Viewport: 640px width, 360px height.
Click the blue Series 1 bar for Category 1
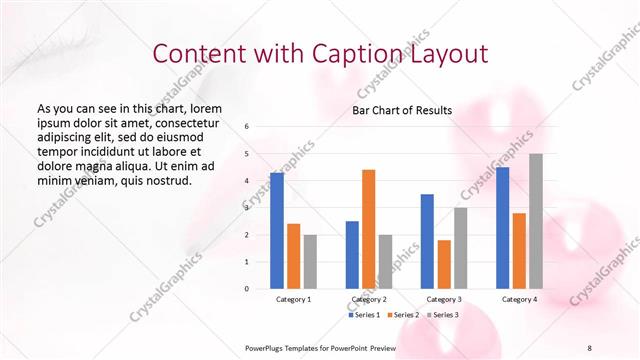point(277,231)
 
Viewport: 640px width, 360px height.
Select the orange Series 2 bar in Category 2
point(369,229)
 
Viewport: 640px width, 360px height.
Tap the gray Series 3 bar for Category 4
point(536,221)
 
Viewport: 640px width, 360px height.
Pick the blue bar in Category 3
point(427,241)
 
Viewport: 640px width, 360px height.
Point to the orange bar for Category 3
point(444,264)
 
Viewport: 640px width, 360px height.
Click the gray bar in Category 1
point(310,261)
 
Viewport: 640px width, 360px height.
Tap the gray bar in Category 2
point(386,261)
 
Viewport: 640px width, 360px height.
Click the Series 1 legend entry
point(366,315)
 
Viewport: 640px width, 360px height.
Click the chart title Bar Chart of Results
point(402,110)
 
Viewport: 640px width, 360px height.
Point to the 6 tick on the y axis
point(247,127)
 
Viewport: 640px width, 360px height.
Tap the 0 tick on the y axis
point(247,288)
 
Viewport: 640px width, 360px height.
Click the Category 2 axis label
point(369,299)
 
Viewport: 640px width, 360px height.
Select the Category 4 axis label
point(519,299)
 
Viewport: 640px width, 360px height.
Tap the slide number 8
point(589,347)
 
